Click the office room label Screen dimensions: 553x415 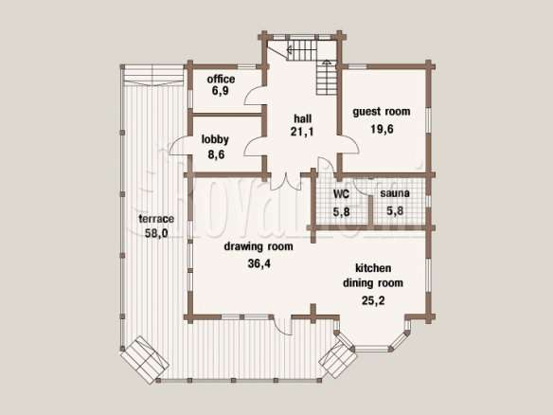(221, 79)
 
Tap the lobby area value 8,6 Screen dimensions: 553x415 (216, 154)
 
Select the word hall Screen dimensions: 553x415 (303, 118)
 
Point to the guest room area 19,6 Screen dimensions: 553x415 (382, 129)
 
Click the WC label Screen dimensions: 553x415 (341, 193)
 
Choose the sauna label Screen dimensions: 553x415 (395, 193)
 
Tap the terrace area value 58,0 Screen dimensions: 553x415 (156, 233)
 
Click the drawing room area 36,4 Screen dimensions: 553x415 (259, 263)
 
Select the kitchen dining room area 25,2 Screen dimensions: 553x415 (373, 300)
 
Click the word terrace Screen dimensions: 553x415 (156, 219)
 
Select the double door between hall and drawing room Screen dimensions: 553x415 (286, 182)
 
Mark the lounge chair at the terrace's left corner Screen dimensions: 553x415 (145, 359)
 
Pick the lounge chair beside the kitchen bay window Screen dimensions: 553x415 (337, 357)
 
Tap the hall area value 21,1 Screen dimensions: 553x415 (302, 132)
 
